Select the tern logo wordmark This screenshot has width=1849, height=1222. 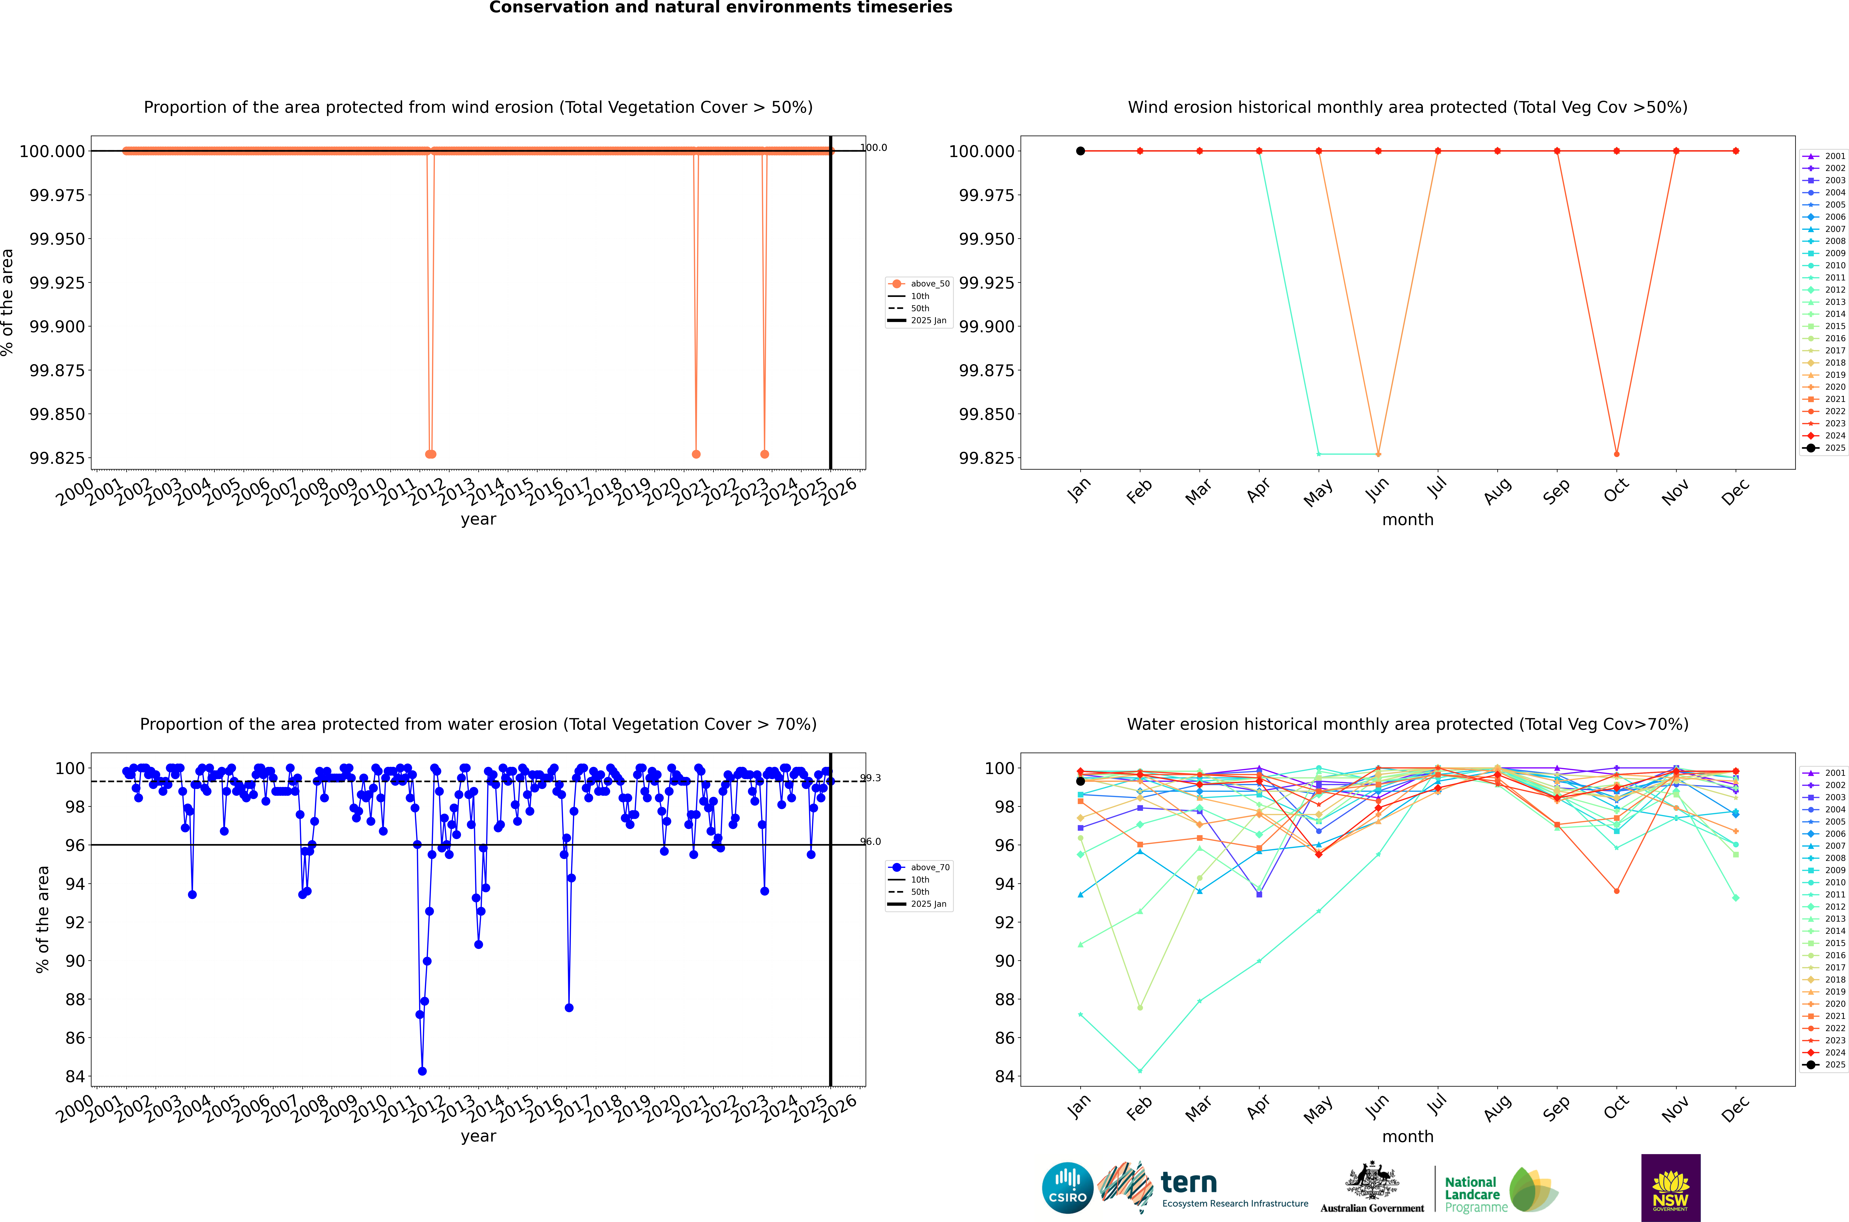(x=1188, y=1183)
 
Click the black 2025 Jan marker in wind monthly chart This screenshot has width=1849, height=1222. (x=1080, y=151)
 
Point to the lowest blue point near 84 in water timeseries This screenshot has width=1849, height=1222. (x=422, y=1071)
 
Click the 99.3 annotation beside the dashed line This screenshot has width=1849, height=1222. (x=870, y=778)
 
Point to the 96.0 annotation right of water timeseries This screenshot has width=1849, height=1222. (x=870, y=842)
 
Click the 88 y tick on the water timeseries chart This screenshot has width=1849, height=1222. (x=76, y=999)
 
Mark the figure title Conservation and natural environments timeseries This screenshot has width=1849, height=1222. (x=721, y=8)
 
